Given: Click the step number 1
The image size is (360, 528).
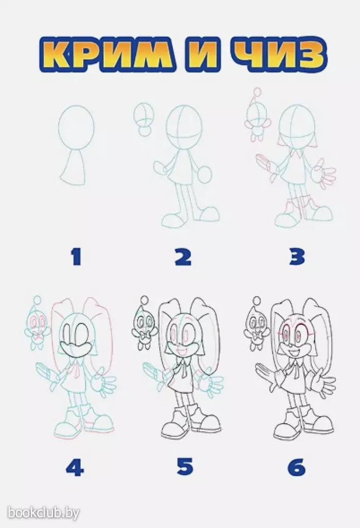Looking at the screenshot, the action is tap(76, 257).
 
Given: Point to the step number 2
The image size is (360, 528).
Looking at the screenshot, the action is tap(183, 257).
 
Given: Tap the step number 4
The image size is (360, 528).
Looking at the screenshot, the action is tap(75, 467).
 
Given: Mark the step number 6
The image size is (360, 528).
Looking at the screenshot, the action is tap(297, 466).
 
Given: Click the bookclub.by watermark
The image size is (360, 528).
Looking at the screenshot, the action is tap(43, 513).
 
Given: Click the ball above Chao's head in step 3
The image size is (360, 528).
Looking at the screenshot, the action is tap(258, 92).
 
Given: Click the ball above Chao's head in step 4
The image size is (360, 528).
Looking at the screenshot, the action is tap(38, 299).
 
